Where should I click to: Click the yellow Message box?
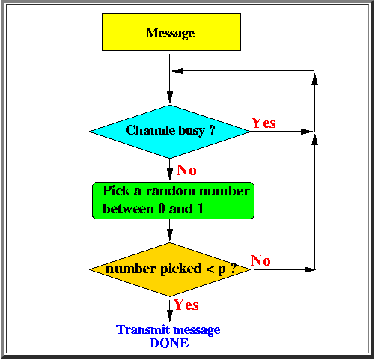pyautogui.click(x=171, y=33)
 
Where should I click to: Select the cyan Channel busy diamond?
pyautogui.click(x=170, y=131)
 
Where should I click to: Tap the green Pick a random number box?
pyautogui.click(x=171, y=199)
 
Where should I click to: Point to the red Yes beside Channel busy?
pyautogui.click(x=263, y=123)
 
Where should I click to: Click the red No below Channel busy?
pyautogui.click(x=186, y=169)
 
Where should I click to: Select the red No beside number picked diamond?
pyautogui.click(x=261, y=260)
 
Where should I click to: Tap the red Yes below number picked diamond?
pyautogui.click(x=186, y=305)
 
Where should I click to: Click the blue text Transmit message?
pyautogui.click(x=168, y=329)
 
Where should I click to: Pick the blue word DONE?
pyautogui.click(x=168, y=343)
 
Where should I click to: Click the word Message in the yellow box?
pyautogui.click(x=171, y=33)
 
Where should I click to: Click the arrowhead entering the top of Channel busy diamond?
pyautogui.click(x=170, y=98)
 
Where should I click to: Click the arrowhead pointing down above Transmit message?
pyautogui.click(x=170, y=317)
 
